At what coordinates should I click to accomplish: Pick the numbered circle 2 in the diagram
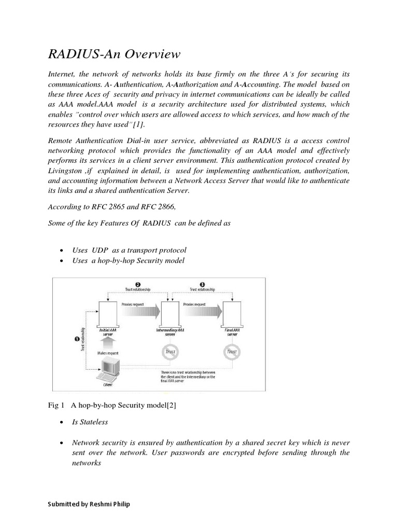[138, 285]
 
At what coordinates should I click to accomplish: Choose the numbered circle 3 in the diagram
[202, 285]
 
